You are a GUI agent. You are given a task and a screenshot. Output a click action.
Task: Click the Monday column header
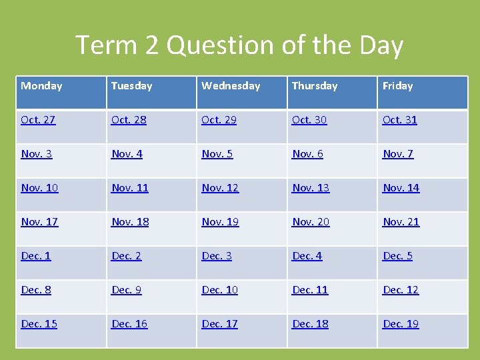click(x=41, y=86)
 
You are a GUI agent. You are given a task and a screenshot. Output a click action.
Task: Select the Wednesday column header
click(x=231, y=86)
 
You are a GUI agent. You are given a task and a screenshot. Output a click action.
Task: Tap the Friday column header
click(x=397, y=86)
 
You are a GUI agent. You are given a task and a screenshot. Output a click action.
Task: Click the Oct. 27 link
click(x=38, y=120)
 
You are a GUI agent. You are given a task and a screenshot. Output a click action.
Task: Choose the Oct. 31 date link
click(x=399, y=120)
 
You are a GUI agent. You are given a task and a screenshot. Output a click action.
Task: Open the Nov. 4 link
click(x=127, y=154)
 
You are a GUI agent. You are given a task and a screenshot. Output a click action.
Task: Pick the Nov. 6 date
click(x=307, y=154)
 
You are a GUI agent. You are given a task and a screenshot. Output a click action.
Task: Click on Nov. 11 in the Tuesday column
click(x=129, y=188)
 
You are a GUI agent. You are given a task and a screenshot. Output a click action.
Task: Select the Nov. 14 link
click(x=401, y=188)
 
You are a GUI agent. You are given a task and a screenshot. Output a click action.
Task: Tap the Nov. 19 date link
click(x=220, y=222)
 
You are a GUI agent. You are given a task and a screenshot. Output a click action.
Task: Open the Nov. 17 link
click(x=39, y=222)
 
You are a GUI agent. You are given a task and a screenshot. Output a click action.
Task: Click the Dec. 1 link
click(x=36, y=256)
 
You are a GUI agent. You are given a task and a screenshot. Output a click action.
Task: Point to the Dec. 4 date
click(x=307, y=256)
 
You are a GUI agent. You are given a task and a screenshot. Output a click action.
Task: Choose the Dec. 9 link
click(x=127, y=290)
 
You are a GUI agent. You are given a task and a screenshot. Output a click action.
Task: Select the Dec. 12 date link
click(x=400, y=290)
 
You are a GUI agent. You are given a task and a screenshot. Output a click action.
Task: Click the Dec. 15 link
click(x=39, y=324)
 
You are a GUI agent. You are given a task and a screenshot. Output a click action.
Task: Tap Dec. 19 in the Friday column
click(x=400, y=324)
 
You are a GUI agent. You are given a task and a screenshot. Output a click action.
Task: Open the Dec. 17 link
click(x=219, y=324)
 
